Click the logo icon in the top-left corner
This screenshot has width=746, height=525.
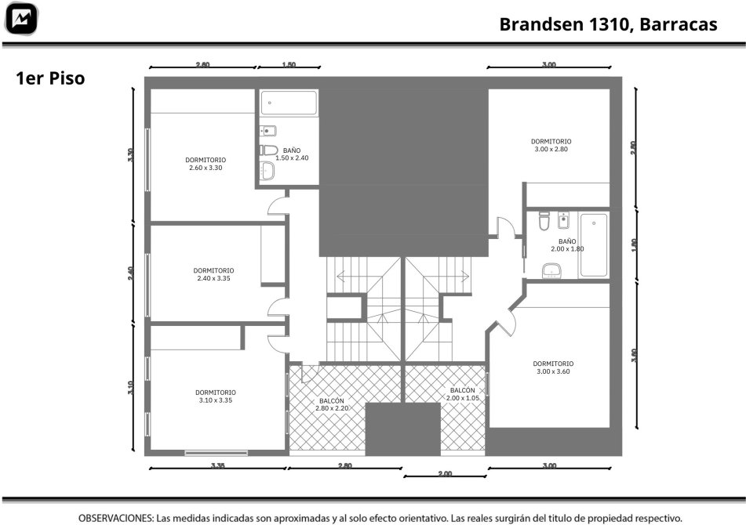[21, 19]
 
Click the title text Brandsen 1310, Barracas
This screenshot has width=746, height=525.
[608, 24]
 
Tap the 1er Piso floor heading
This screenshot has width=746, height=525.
[50, 78]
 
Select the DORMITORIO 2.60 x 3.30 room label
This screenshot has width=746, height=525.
[206, 164]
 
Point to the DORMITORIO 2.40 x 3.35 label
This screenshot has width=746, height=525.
[213, 274]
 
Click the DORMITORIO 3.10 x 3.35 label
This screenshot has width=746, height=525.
[216, 396]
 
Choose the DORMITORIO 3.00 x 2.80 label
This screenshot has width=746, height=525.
[551, 145]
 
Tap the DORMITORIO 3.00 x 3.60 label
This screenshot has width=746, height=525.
[553, 367]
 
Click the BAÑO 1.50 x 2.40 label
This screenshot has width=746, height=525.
[292, 154]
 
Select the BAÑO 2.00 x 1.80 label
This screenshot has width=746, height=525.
[567, 245]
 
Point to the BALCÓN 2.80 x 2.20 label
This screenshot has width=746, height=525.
[332, 404]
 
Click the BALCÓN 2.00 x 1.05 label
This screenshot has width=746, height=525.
[463, 394]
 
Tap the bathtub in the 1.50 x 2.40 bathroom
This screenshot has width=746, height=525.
[289, 103]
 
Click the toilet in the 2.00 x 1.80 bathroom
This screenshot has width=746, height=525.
[544, 221]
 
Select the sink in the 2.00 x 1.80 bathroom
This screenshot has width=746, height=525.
[551, 271]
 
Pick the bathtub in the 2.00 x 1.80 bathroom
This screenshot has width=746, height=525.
[593, 245]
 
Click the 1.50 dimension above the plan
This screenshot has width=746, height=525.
[289, 65]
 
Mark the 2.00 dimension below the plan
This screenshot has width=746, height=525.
[445, 474]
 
